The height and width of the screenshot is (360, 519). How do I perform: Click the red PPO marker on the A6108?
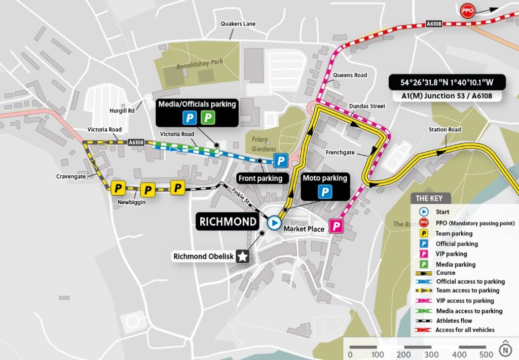pos(467,10)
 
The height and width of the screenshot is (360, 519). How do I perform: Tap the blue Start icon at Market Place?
pos(274,223)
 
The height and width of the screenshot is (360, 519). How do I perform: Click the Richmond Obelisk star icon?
pos(243,257)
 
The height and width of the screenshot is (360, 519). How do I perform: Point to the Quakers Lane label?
pos(238,24)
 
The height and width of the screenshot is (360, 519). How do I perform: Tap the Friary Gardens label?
pos(264,144)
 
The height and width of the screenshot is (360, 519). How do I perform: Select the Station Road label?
pos(444,130)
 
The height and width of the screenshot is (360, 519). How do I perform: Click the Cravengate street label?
pos(70,176)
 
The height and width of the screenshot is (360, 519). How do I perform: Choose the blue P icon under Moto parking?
pos(324,192)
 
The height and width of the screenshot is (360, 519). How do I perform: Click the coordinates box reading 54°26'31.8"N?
pos(441,82)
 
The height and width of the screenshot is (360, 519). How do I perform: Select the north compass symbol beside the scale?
pos(505,349)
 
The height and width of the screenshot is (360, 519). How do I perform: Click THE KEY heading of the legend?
pos(429,198)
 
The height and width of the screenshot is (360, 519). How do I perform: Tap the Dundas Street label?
pos(367,106)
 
